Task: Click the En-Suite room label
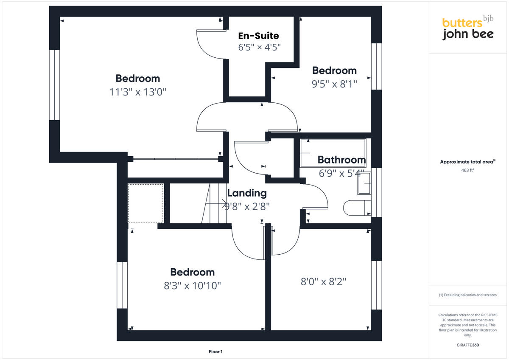tap(258, 35)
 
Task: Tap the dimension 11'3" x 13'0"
tap(137, 92)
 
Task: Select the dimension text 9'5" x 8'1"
tap(334, 84)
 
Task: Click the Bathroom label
tap(341, 160)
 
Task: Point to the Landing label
tap(247, 193)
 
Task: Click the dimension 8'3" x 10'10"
tap(193, 286)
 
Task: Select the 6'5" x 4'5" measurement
tap(259, 47)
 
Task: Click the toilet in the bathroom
tap(356, 208)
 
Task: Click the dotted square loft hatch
tap(146, 203)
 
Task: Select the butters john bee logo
tap(467, 28)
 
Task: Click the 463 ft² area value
tap(467, 170)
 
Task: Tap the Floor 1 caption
tap(215, 352)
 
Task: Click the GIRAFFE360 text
tap(467, 345)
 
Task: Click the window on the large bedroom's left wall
tap(54, 85)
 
